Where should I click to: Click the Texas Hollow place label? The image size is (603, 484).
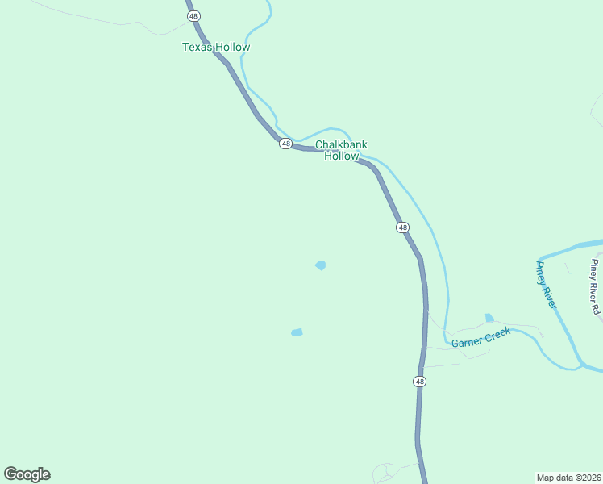tap(216, 47)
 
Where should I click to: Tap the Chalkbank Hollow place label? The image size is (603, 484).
tap(341, 150)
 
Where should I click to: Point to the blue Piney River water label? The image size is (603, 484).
tap(547, 284)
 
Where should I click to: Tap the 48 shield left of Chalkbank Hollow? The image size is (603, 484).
tap(286, 144)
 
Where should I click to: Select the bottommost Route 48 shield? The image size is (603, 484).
tap(419, 381)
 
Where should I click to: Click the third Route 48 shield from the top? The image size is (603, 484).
tap(403, 228)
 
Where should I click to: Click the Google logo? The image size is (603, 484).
tap(27, 474)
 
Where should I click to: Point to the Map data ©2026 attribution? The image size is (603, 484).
tap(569, 477)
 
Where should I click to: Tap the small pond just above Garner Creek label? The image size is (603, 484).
tap(489, 318)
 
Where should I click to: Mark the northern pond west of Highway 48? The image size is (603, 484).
tap(321, 265)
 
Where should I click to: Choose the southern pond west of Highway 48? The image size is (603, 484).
tap(297, 332)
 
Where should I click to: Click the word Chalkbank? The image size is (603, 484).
tap(341, 144)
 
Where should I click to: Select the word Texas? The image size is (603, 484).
tap(197, 47)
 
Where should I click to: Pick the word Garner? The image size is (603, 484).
tap(467, 343)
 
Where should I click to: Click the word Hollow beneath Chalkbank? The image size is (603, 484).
tap(341, 156)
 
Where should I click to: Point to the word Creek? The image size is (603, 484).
tap(497, 333)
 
